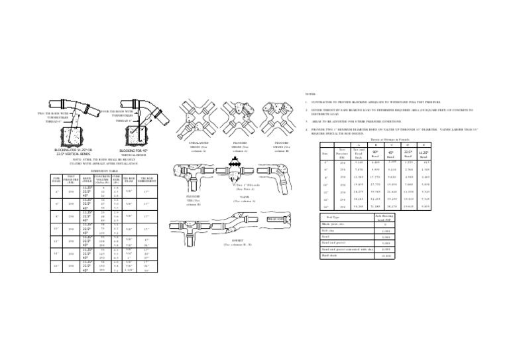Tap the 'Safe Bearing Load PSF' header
click(385, 217)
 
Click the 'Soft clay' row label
click(329, 230)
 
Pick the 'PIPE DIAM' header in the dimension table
click(58, 180)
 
